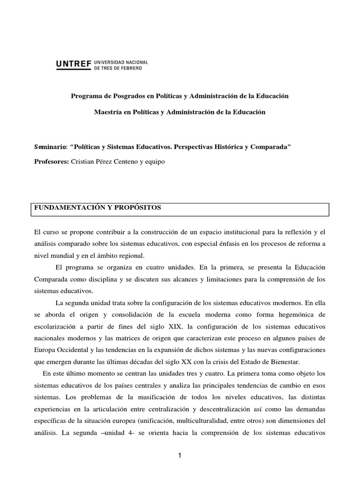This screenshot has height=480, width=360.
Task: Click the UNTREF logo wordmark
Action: tap(74, 65)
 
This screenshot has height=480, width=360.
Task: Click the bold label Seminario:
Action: tap(51, 147)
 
